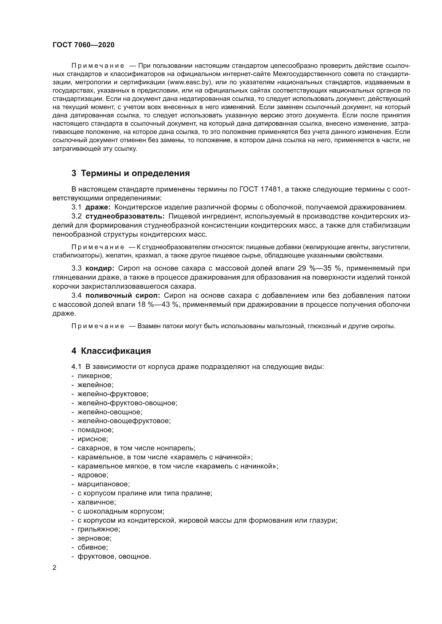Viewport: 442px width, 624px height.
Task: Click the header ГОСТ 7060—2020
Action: click(83, 45)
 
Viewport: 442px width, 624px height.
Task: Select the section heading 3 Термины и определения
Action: click(131, 173)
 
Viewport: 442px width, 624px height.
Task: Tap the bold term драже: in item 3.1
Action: click(98, 207)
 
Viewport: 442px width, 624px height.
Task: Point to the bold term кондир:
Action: click(100, 268)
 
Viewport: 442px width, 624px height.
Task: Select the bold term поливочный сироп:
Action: click(123, 295)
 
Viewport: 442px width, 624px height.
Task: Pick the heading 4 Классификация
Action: click(111, 351)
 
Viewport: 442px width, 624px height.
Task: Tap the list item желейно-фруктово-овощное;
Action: click(127, 403)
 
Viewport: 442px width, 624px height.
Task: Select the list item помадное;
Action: click(95, 430)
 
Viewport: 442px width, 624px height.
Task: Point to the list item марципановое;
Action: click(104, 484)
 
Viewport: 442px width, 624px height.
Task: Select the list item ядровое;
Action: click(93, 475)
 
